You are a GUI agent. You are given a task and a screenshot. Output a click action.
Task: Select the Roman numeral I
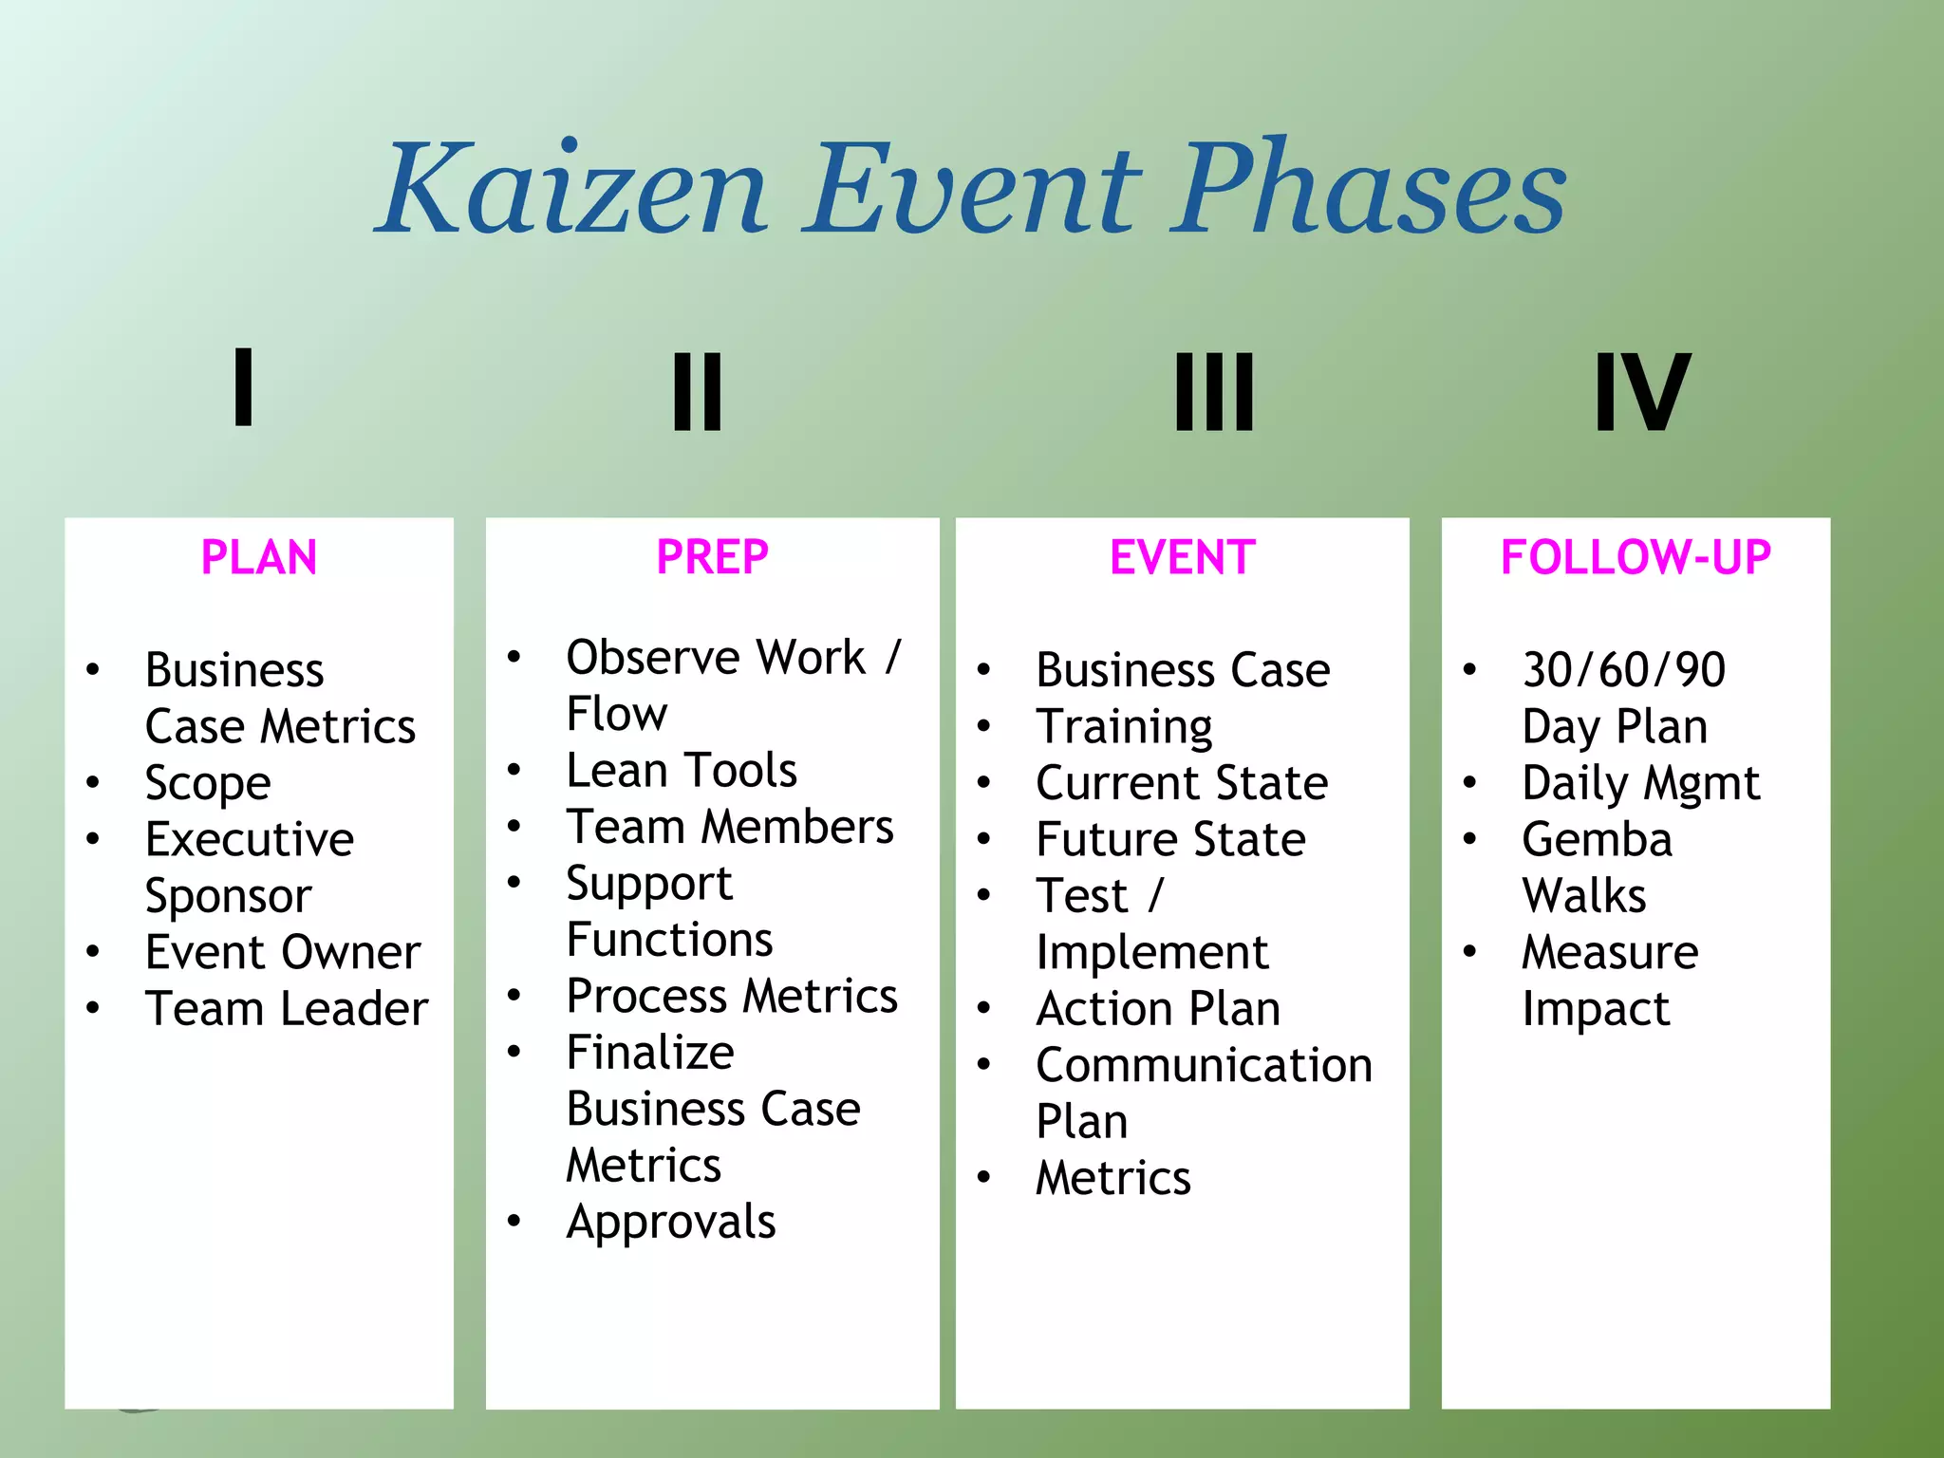(x=243, y=387)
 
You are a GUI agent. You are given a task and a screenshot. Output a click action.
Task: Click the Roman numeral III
(x=1214, y=391)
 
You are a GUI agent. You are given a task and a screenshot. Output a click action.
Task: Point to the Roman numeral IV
(x=1641, y=391)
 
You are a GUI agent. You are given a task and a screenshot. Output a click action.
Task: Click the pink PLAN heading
(x=258, y=557)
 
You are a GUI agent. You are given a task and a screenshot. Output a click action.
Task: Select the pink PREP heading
(x=712, y=557)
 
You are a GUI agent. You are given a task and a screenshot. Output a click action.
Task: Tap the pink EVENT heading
(x=1182, y=557)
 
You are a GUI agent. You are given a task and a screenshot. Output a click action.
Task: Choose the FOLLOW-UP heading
(x=1635, y=557)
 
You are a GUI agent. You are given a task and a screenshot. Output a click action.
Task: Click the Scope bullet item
(x=208, y=783)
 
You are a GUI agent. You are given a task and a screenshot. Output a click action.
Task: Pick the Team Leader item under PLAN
(x=286, y=1008)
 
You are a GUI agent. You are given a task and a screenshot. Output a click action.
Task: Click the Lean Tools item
(x=681, y=770)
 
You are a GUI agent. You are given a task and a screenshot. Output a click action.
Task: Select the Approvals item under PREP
(x=670, y=1222)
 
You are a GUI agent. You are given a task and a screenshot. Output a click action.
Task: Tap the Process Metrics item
(x=731, y=996)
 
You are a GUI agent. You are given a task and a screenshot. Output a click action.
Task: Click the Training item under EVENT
(x=1124, y=727)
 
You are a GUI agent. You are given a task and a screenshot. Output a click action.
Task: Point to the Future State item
(x=1170, y=839)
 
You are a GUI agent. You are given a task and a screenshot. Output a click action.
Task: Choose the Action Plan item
(x=1158, y=1008)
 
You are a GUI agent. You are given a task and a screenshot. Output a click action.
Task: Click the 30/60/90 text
(x=1623, y=670)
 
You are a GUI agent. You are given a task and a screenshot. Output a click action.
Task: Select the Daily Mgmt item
(x=1640, y=783)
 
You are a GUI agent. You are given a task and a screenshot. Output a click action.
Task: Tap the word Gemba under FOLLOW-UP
(x=1597, y=839)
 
